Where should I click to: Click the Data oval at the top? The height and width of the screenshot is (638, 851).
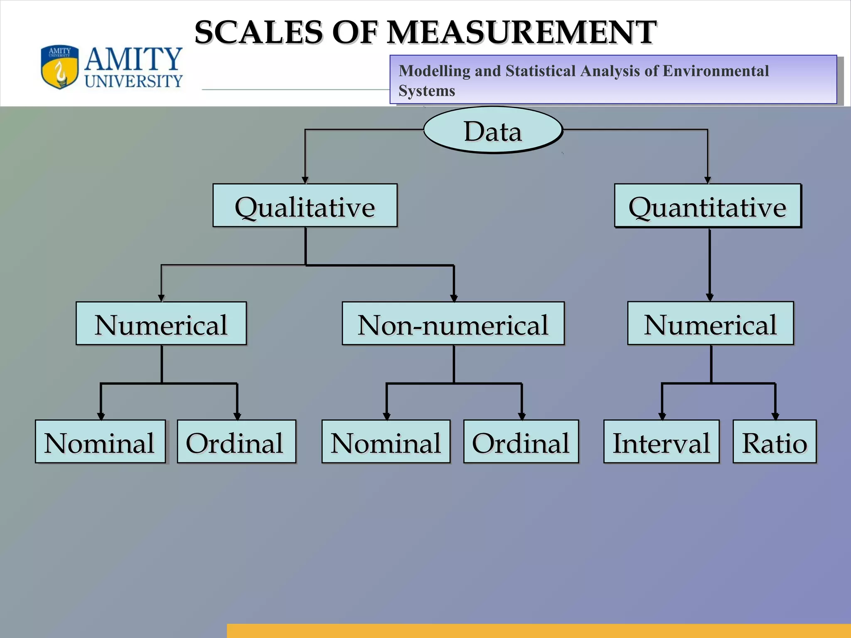(493, 130)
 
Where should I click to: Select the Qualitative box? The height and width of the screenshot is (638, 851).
(305, 206)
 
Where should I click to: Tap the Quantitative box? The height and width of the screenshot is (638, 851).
(708, 206)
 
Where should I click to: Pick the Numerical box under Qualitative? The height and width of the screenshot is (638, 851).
(161, 324)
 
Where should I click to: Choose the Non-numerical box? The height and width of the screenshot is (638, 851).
(453, 324)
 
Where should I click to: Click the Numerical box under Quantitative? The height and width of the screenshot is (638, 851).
(710, 324)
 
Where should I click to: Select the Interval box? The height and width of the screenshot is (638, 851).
(661, 442)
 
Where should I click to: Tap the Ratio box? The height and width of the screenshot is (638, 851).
(775, 442)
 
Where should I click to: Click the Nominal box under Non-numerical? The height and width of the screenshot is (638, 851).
(386, 442)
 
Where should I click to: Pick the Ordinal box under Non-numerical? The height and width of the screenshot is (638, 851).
(521, 442)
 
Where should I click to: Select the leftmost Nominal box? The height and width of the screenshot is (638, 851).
(100, 442)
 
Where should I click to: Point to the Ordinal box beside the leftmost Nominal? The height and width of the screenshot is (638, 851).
(236, 442)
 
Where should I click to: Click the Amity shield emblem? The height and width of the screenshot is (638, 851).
(59, 67)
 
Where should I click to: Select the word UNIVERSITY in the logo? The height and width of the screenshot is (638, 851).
(134, 81)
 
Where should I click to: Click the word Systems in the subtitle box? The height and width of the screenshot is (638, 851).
(427, 91)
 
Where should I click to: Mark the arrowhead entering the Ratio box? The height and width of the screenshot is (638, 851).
(775, 416)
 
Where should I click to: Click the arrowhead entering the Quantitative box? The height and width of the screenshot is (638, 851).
(708, 180)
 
